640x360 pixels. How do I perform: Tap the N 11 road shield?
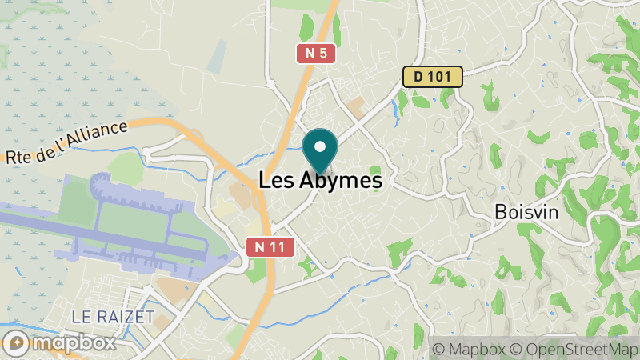[266, 247]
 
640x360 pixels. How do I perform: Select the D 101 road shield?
[433, 77]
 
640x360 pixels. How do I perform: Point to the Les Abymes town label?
[321, 181]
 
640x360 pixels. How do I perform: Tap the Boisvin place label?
[526, 213]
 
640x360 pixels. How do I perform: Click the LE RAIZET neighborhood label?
[113, 317]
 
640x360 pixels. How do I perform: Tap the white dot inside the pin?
[321, 146]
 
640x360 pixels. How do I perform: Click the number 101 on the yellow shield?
[443, 77]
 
